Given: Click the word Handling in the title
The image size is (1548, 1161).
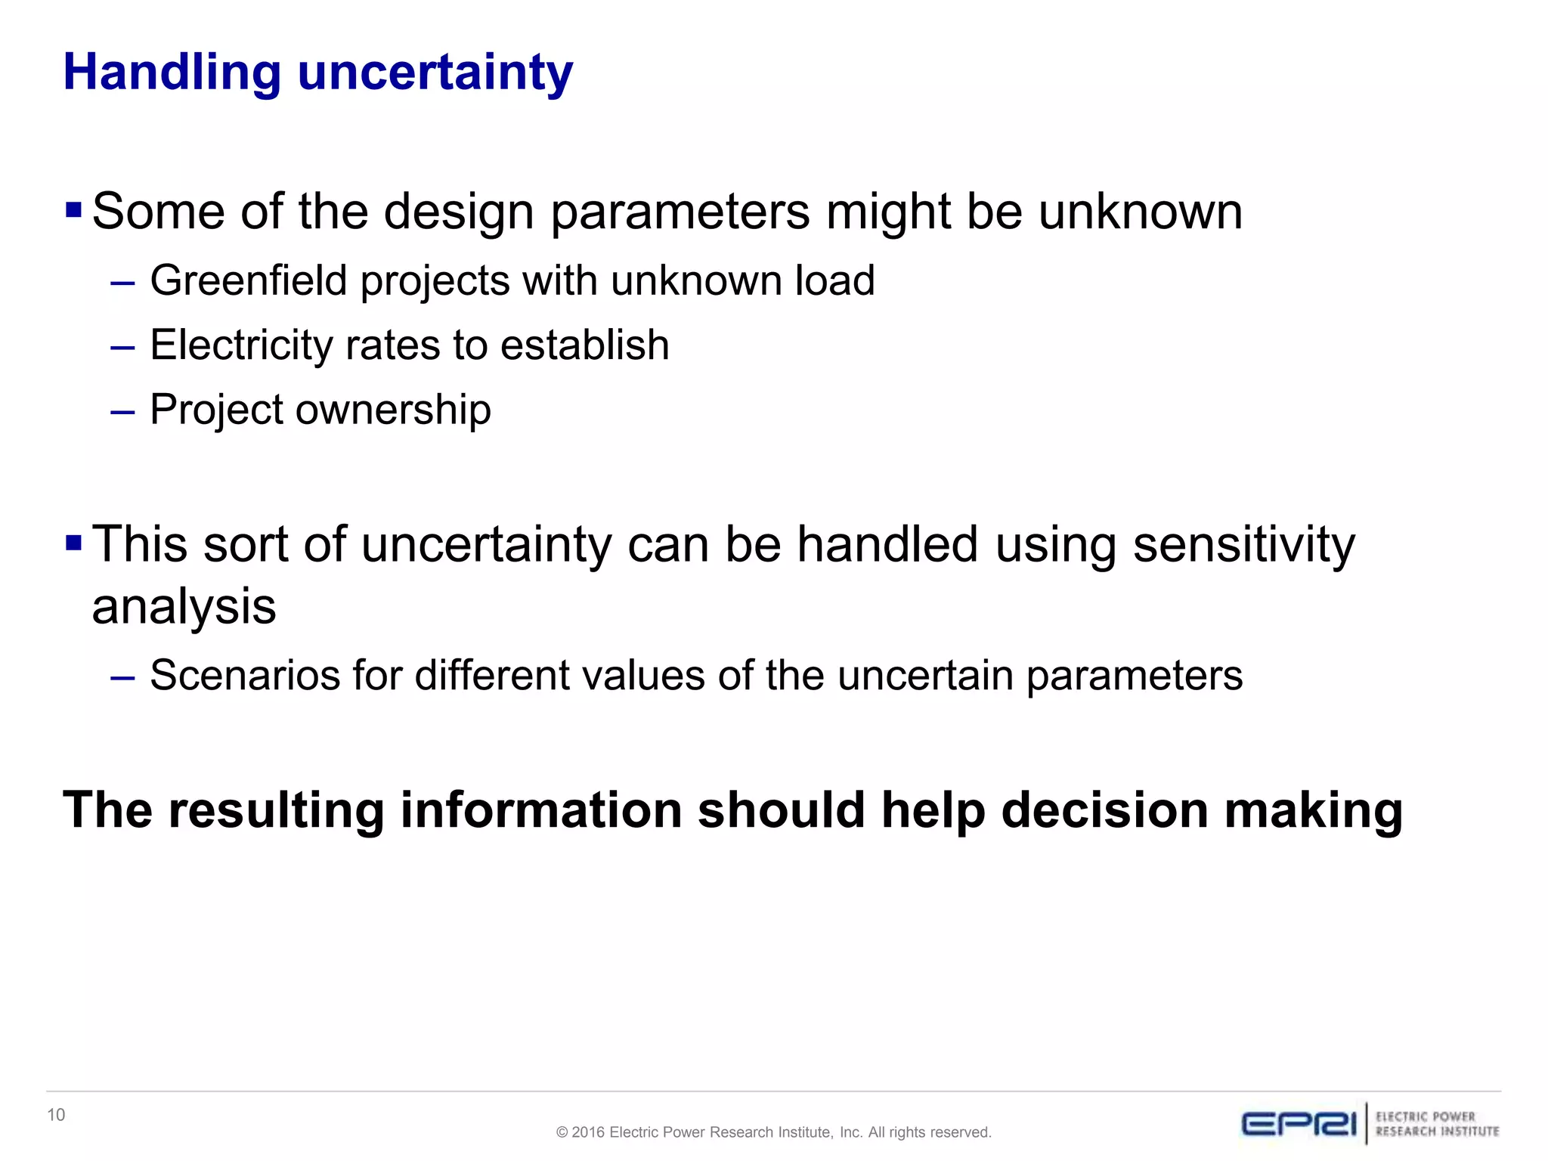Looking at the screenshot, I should click(172, 73).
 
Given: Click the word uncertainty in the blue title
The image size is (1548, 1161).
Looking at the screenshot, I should click(435, 73).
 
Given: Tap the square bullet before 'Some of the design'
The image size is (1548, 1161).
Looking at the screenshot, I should click(73, 209).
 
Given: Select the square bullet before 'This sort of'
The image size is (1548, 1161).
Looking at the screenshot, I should click(73, 543).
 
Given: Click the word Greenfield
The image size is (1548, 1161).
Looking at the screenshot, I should click(249, 280).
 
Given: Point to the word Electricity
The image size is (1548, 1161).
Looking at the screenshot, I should click(240, 345).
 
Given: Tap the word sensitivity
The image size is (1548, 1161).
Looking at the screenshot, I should click(1243, 544).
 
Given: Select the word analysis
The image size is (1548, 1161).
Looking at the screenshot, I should click(184, 606).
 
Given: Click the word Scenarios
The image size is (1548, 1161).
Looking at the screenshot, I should click(245, 675).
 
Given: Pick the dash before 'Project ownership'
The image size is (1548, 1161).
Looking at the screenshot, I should click(122, 413).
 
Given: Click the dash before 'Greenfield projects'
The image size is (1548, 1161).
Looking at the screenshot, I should click(122, 284).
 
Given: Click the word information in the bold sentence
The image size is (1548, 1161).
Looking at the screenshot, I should click(540, 810).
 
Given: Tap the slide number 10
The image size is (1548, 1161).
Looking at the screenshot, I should click(56, 1115).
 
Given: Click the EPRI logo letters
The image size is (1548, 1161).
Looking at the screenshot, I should click(1299, 1124).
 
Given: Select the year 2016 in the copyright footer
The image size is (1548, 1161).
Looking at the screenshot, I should click(588, 1132).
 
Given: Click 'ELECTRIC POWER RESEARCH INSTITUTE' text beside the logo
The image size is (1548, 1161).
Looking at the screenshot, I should click(1437, 1124).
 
